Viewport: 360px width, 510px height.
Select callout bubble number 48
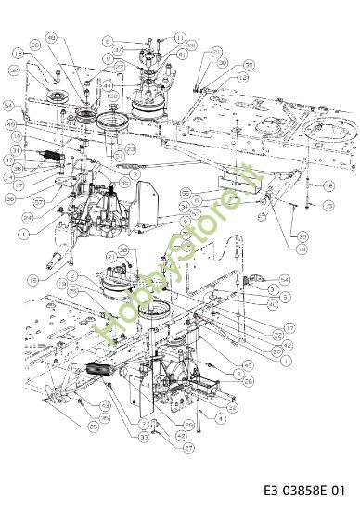[50, 37]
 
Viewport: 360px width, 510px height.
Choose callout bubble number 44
[108, 85]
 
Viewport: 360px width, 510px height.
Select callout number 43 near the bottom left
[105, 405]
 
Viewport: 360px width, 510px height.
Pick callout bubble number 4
[220, 418]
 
